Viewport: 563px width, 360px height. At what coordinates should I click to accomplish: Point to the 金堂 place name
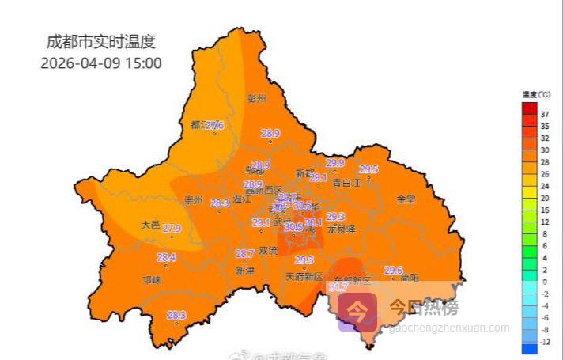pyautogui.click(x=406, y=199)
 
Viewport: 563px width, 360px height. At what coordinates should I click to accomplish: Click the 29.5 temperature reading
pyautogui.click(x=368, y=169)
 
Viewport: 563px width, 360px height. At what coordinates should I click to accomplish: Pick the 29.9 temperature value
pyautogui.click(x=335, y=163)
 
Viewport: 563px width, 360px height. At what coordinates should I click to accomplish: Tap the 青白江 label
pyautogui.click(x=346, y=183)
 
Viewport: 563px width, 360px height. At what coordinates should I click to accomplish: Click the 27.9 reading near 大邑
pyautogui.click(x=172, y=229)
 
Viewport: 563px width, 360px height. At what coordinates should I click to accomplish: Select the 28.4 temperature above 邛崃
pyautogui.click(x=166, y=257)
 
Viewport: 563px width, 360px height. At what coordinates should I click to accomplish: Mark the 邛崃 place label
pyautogui.click(x=151, y=279)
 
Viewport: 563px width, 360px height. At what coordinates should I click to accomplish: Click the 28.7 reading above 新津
pyautogui.click(x=245, y=254)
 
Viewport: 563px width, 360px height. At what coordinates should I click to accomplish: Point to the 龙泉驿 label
pyautogui.click(x=342, y=229)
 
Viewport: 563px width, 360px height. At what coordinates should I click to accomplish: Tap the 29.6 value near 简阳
pyautogui.click(x=393, y=271)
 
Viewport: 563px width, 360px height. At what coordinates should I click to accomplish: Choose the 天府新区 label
pyautogui.click(x=304, y=277)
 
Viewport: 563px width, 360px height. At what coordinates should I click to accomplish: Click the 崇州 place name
pyautogui.click(x=193, y=200)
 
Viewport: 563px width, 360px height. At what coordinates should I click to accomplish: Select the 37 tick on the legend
pyautogui.click(x=545, y=114)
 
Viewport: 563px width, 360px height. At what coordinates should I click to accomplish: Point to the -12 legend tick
pyautogui.click(x=545, y=341)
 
